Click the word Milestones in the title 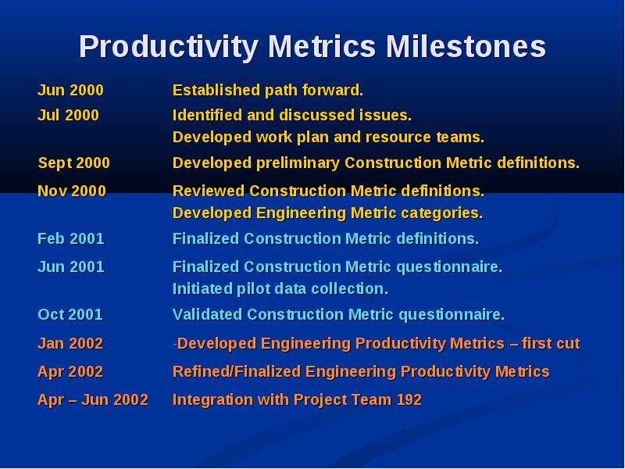coord(466,46)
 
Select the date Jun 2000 coord(70,90)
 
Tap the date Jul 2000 coord(68,115)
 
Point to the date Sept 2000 coord(73,163)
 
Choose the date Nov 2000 coord(72,191)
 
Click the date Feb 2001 coord(70,239)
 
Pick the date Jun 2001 coord(70,267)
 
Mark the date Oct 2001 coord(70,315)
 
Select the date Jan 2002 coord(70,344)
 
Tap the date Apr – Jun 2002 coord(93,399)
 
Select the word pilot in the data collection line coord(252,288)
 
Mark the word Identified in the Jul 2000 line coord(207,115)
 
